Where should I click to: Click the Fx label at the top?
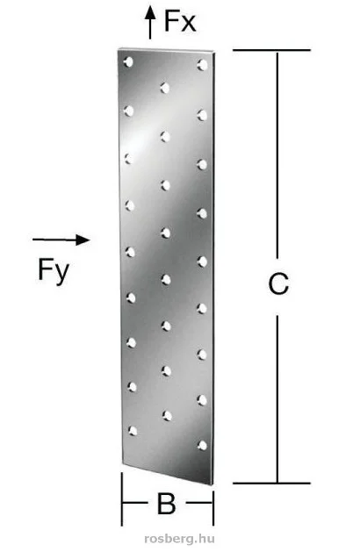180,22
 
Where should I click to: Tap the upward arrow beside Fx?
150,23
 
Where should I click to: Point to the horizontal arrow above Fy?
61,240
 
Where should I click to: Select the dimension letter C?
278,283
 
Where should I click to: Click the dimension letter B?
166,504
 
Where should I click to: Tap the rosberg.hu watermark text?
180,538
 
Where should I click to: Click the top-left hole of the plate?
128,62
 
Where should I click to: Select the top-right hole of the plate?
203,64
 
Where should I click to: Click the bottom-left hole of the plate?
133,431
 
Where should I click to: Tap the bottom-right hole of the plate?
203,445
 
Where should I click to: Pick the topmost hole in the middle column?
165,88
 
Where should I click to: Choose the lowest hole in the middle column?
168,415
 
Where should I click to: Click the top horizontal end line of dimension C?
271,50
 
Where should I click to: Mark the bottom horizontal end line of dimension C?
271,483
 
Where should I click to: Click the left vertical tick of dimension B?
122,498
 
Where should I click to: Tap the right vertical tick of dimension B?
213,505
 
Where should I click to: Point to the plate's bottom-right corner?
212,484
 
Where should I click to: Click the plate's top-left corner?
119,48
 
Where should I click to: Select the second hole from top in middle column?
165,136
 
